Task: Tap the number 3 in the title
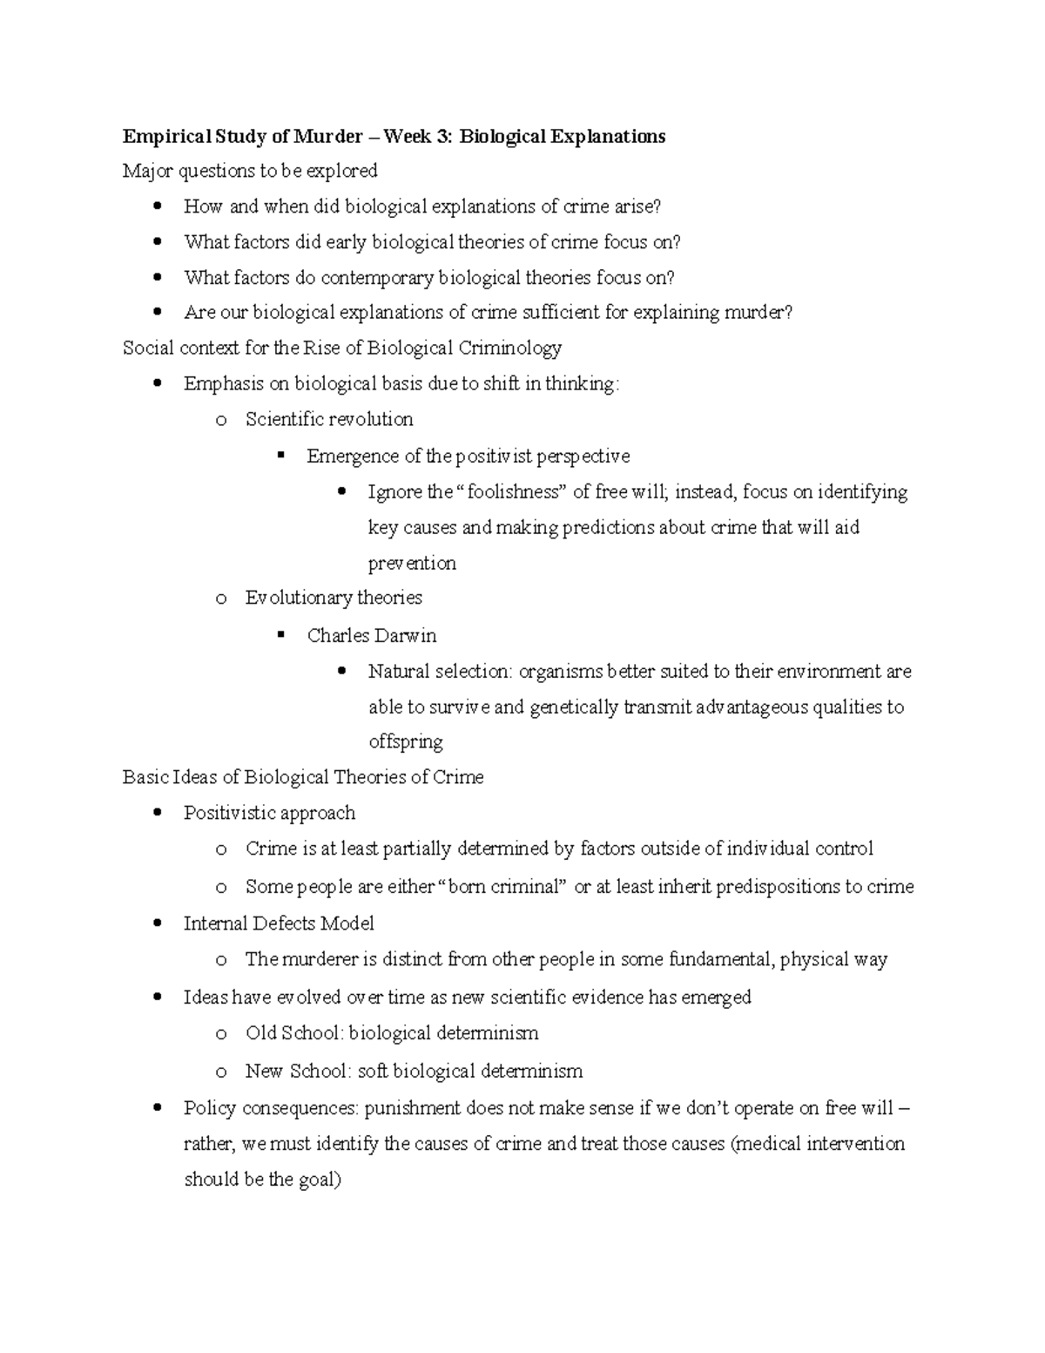pos(446,137)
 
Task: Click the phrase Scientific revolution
pos(329,420)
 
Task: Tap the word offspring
pos(405,742)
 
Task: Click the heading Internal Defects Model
pos(279,923)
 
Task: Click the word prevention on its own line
pos(412,564)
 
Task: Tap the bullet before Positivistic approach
pos(157,814)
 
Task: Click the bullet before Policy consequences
pos(157,1109)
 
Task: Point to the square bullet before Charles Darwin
pos(280,635)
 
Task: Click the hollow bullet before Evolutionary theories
pos(220,599)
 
